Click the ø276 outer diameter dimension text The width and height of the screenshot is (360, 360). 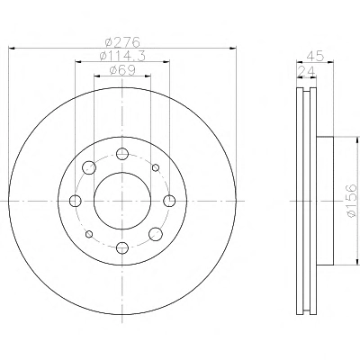123,41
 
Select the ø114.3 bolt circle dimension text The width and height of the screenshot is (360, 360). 122,56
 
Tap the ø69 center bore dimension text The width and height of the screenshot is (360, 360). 122,70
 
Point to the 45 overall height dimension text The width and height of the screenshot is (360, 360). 315,57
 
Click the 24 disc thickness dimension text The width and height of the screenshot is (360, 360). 306,72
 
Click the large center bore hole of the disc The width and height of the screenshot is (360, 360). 122,201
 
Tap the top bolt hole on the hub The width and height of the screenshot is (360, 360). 122,154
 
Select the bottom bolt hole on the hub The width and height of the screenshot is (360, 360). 122,247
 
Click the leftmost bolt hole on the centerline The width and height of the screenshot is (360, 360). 76,201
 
